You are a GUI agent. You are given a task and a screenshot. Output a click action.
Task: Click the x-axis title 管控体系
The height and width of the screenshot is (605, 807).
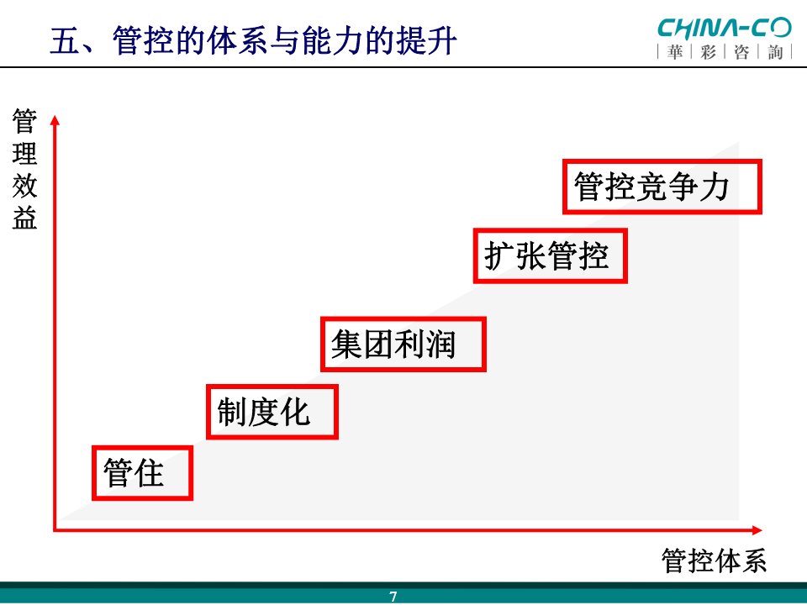coord(714,560)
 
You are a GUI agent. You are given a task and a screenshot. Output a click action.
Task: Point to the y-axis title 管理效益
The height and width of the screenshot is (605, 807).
coord(24,168)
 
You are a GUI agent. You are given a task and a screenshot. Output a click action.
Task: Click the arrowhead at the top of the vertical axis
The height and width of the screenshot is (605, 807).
coord(55,120)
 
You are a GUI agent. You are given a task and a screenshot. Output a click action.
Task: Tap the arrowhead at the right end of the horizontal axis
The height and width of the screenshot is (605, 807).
coord(757,530)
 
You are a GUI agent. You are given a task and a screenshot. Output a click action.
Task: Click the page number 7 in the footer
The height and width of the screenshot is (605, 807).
coord(393,597)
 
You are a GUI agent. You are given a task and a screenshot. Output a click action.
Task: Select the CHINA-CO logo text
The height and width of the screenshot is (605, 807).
coord(724,29)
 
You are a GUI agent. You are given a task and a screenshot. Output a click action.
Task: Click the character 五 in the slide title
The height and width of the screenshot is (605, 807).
coord(65,40)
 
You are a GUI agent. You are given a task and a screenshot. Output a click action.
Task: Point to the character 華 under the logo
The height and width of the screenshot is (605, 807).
coord(675,52)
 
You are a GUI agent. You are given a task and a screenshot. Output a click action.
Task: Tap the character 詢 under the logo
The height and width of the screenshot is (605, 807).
coord(775,52)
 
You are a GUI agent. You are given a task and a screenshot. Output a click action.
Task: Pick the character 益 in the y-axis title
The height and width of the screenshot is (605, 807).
coord(24,217)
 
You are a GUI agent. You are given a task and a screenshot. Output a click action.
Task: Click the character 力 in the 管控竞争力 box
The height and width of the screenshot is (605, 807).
coord(715,187)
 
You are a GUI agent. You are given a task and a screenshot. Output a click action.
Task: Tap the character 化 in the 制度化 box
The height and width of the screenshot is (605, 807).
coord(295,412)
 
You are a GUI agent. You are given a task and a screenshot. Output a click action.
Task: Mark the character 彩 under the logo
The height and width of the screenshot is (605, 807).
coord(708,52)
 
